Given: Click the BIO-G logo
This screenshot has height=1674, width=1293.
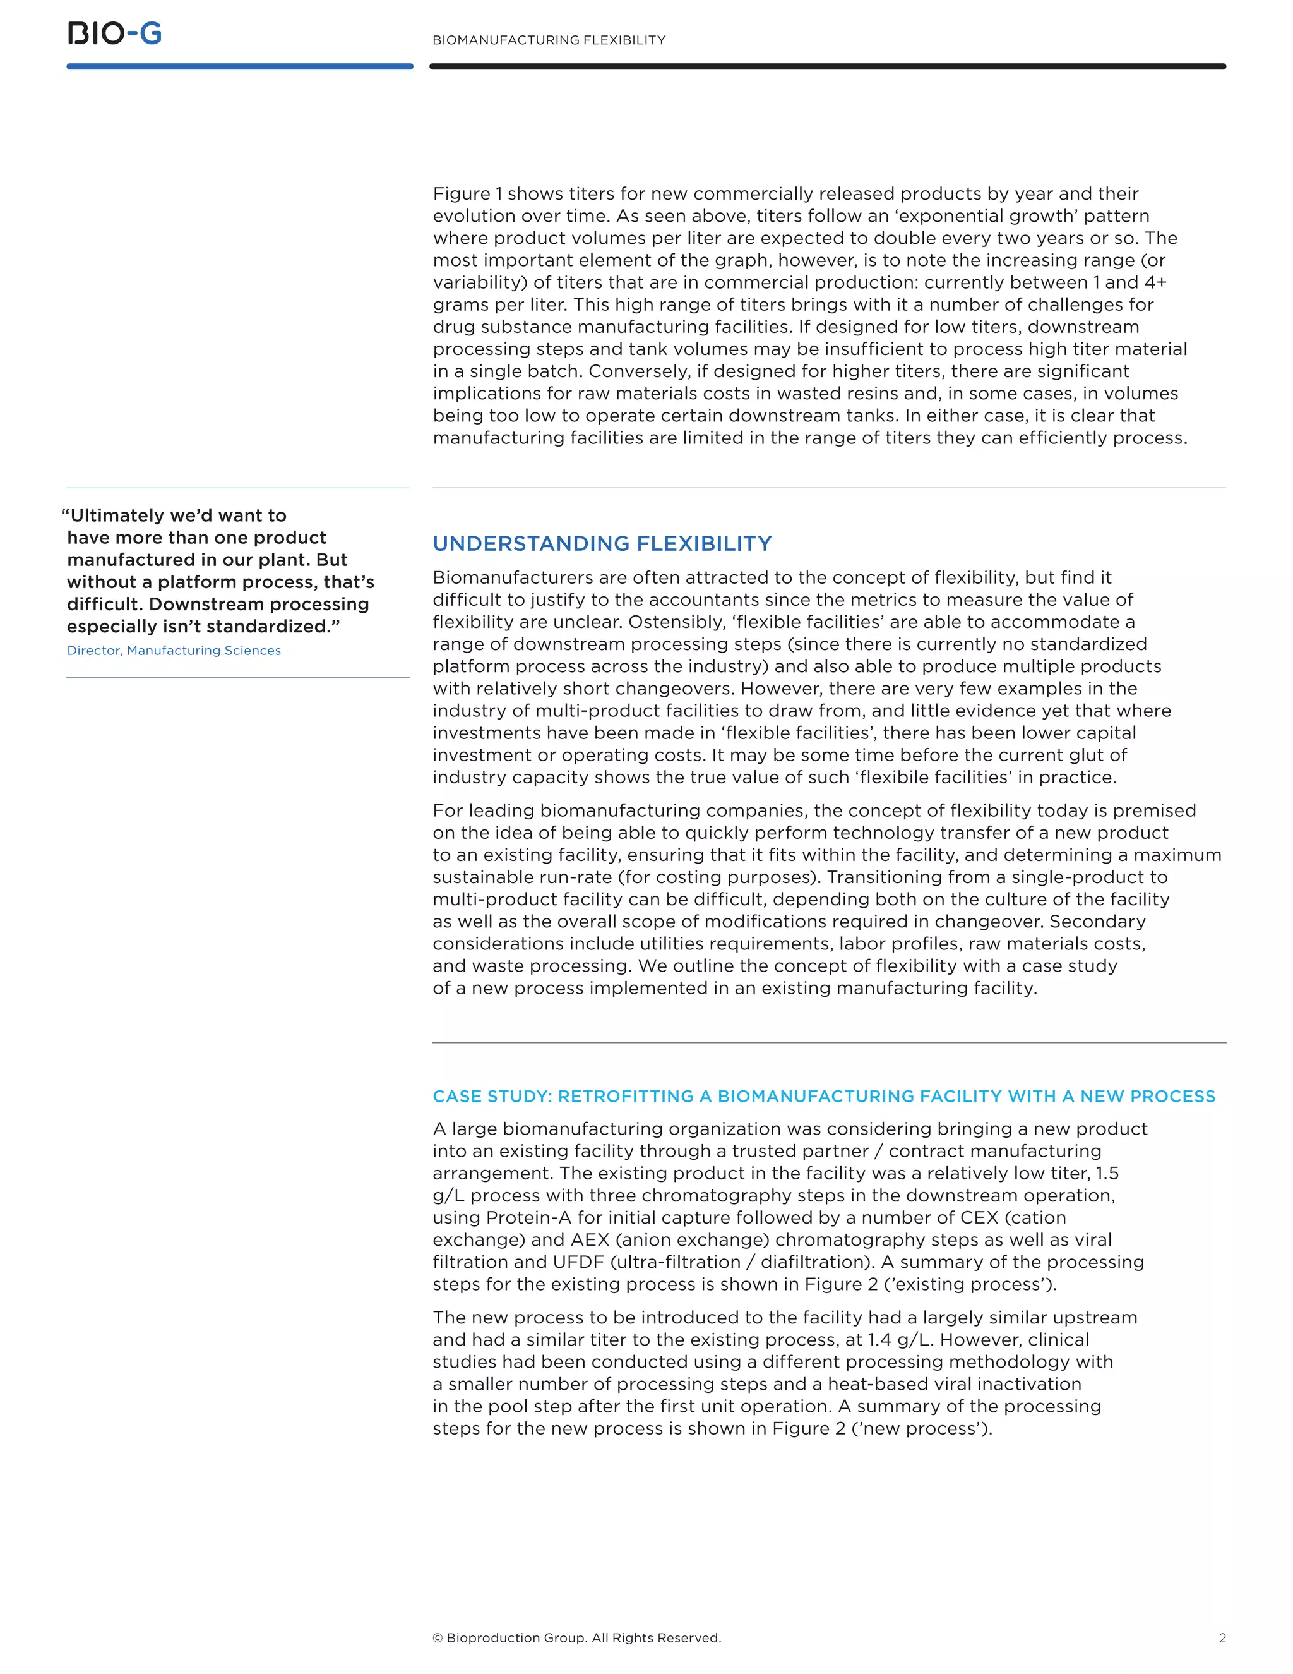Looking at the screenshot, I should (115, 33).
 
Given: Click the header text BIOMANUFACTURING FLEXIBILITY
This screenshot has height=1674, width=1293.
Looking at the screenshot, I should (549, 40).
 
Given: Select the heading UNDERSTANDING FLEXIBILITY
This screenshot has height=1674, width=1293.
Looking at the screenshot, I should (602, 543).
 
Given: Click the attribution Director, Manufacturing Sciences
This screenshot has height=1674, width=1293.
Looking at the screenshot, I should (174, 650).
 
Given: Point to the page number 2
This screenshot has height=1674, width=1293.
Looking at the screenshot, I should (1222, 1638).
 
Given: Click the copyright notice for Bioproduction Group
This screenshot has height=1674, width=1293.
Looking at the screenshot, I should (577, 1638).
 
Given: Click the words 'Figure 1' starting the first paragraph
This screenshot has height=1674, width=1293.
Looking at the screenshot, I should (467, 194).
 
